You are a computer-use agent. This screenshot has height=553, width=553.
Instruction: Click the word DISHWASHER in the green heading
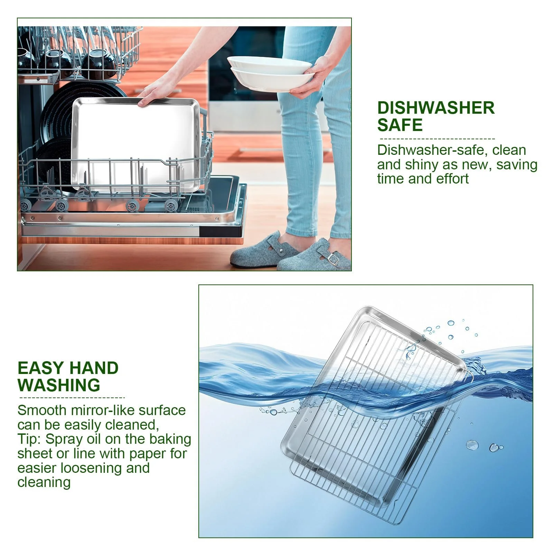[x=436, y=108]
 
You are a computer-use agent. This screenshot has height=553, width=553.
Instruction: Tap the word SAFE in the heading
[x=400, y=125]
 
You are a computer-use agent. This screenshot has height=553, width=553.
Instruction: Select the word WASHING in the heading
[x=59, y=385]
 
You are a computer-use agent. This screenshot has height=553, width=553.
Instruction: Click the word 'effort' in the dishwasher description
[x=452, y=179]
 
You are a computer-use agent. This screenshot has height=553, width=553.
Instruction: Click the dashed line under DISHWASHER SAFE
[x=437, y=139]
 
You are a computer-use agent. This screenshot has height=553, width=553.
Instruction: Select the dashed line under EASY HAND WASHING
[x=72, y=398]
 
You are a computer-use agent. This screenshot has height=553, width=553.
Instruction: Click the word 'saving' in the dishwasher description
[x=517, y=165]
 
